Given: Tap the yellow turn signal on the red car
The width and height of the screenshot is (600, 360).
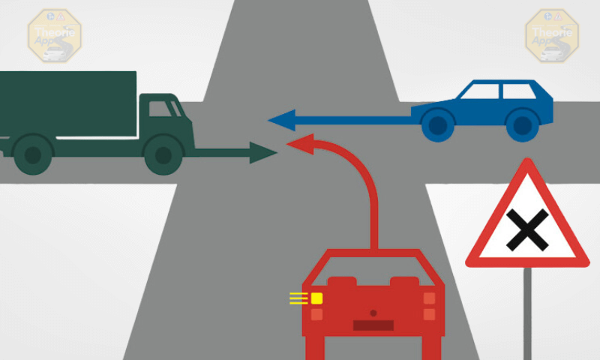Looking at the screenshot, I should (x=317, y=298).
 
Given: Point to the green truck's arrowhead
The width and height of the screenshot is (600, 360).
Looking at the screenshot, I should (x=263, y=152).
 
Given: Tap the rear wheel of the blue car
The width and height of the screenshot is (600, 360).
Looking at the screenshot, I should (x=522, y=124).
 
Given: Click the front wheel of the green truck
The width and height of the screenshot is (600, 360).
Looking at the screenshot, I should (x=161, y=155).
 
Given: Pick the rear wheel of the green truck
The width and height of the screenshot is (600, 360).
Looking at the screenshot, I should (x=32, y=155).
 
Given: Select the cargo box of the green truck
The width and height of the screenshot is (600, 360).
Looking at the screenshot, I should (x=67, y=104).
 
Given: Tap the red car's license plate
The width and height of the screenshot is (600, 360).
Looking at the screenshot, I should (x=373, y=325).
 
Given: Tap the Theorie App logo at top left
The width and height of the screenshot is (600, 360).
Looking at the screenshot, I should (x=54, y=34).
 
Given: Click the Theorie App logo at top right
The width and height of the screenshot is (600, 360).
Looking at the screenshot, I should (x=553, y=34).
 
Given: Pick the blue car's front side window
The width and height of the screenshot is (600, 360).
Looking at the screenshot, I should (x=480, y=91).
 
